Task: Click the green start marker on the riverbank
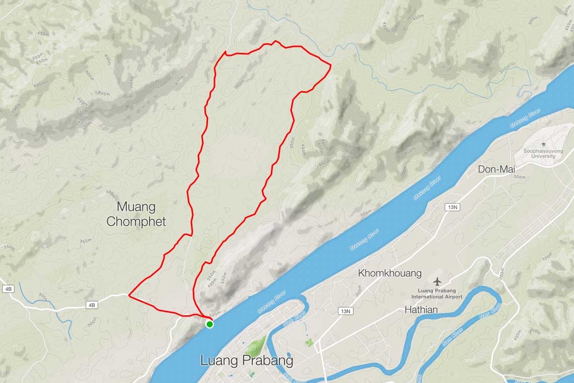(x=209, y=324)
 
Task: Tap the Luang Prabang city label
(x=246, y=361)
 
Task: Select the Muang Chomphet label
(x=136, y=214)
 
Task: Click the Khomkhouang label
(x=390, y=274)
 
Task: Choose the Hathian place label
(x=421, y=310)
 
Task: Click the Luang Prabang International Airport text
(x=440, y=293)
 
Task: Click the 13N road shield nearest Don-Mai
(x=452, y=207)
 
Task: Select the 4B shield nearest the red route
(x=91, y=305)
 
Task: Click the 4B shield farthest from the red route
(x=8, y=289)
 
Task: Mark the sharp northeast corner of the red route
(x=330, y=65)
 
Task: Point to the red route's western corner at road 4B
(x=129, y=296)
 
